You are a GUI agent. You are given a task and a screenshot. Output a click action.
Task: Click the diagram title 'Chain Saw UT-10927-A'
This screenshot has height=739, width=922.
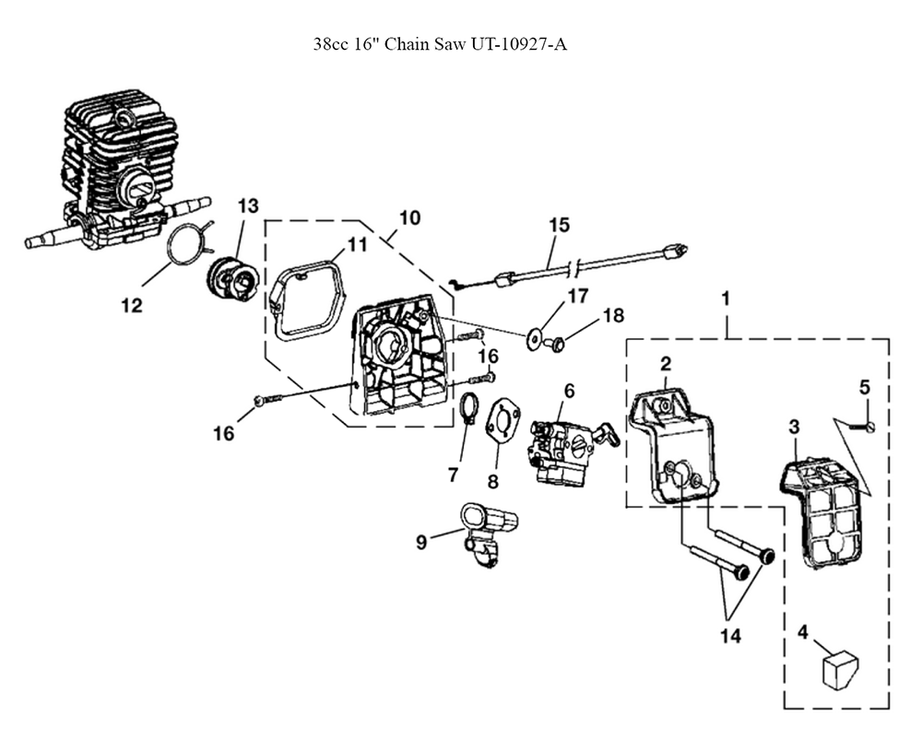(476, 44)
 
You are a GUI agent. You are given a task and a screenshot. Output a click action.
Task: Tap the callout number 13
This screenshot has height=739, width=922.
(247, 206)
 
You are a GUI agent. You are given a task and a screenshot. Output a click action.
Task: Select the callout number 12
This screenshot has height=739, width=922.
(132, 306)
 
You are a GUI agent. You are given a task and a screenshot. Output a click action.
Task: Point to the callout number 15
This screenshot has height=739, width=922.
(560, 226)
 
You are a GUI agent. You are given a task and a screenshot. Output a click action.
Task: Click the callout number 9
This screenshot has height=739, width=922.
(421, 542)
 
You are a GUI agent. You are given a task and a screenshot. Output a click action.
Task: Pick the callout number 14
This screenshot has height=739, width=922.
(730, 636)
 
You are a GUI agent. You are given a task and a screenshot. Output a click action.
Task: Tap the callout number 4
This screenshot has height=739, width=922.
(803, 632)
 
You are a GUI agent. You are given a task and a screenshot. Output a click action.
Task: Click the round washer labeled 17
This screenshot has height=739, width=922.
(535, 339)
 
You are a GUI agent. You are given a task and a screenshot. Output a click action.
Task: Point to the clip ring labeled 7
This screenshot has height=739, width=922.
(468, 408)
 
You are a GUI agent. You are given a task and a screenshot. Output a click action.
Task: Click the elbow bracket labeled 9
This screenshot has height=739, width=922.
(487, 534)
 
